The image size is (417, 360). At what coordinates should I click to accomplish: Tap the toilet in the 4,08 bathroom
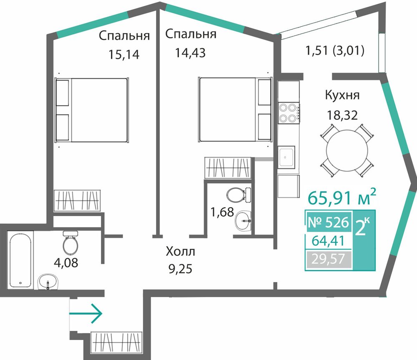(70, 242)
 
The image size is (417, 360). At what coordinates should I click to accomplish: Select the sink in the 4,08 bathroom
(48, 282)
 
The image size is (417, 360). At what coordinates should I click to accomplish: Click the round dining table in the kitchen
(347, 151)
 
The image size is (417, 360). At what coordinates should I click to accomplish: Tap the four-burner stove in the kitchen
(289, 113)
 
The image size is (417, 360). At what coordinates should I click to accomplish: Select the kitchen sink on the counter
(286, 157)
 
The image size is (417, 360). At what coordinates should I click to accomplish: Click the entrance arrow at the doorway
(85, 313)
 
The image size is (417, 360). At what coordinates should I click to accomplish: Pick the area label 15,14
(124, 55)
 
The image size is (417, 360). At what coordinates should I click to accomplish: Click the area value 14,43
(190, 53)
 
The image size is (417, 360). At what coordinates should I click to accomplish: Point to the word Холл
(180, 251)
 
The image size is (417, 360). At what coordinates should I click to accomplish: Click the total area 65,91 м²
(342, 197)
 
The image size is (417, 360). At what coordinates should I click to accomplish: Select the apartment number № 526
(328, 222)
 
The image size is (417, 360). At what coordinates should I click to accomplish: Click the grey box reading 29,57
(329, 259)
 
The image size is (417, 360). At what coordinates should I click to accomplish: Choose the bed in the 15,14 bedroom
(92, 110)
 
